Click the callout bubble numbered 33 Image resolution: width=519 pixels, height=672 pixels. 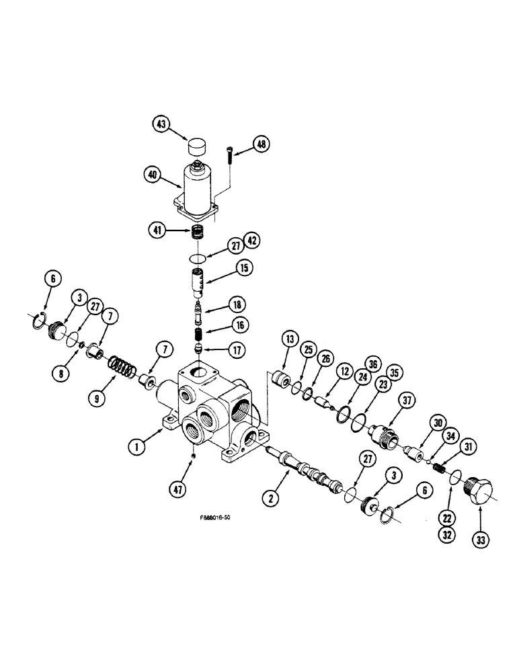481,539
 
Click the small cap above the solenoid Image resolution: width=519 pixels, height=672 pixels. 197,146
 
